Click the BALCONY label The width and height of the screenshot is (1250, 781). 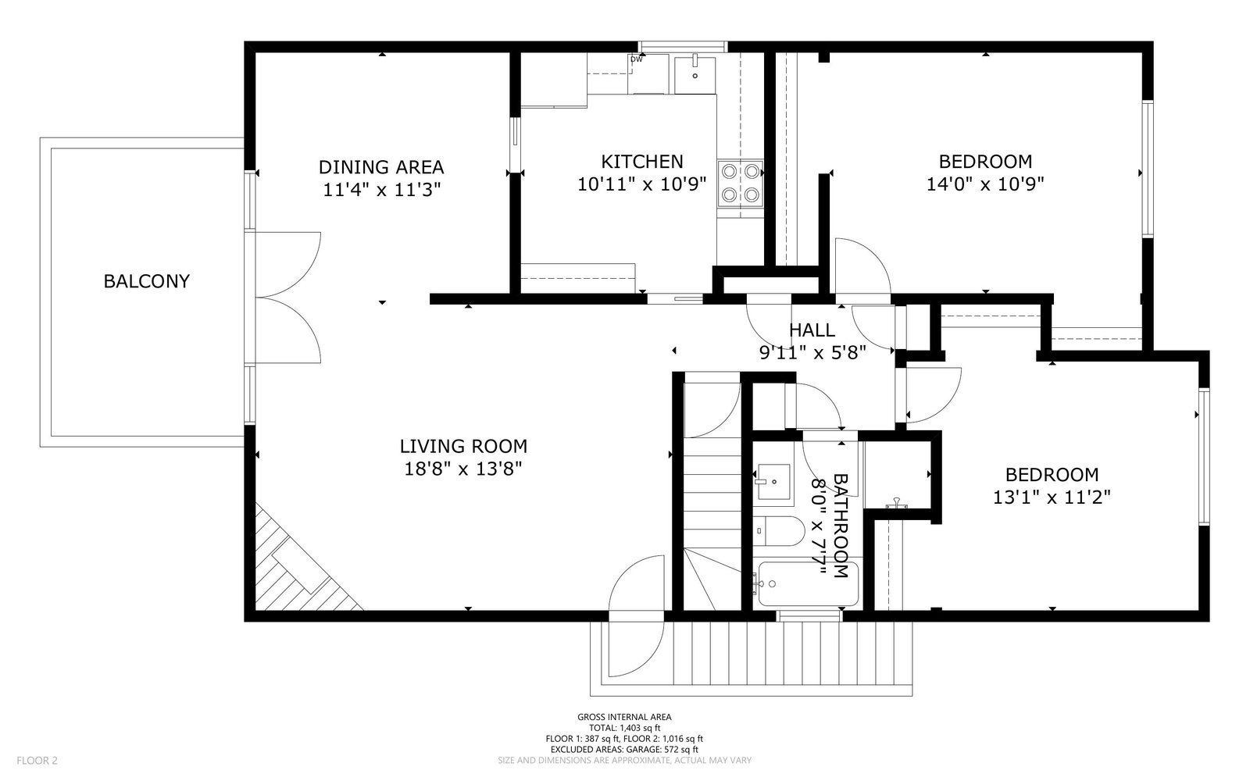point(147,281)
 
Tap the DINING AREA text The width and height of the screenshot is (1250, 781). point(381,167)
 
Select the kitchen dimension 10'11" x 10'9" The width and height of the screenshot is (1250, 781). point(641,184)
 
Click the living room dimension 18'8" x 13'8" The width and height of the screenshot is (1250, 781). point(463,469)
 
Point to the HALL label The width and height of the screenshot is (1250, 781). point(812,330)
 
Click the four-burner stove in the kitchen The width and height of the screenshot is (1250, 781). point(740,183)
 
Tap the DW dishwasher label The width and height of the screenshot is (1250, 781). point(636,59)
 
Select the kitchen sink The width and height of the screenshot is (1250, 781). point(695,74)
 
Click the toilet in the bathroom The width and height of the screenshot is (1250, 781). point(778,531)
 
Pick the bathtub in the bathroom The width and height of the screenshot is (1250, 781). point(808,584)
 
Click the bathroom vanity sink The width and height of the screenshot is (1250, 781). point(773,481)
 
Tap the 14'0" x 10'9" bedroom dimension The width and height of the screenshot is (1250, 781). point(985,184)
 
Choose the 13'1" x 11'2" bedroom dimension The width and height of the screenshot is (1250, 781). point(1052,497)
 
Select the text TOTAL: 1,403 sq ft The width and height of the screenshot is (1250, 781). point(624,728)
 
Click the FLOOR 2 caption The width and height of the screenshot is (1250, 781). point(37,761)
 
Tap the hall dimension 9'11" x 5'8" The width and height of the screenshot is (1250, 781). point(812,352)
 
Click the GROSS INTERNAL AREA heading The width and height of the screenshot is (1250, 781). point(624,718)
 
